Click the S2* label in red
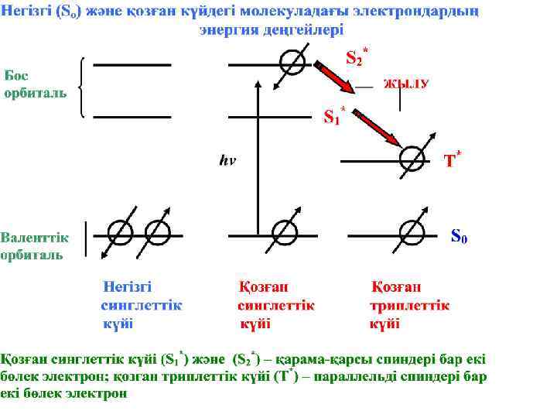(355, 56)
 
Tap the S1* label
(333, 116)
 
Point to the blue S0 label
(459, 234)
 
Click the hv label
(227, 161)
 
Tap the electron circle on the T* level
(412, 159)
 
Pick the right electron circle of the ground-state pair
(157, 232)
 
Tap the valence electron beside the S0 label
(412, 232)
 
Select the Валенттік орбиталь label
(35, 245)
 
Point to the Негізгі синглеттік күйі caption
(141, 305)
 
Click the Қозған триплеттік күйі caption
(410, 305)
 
